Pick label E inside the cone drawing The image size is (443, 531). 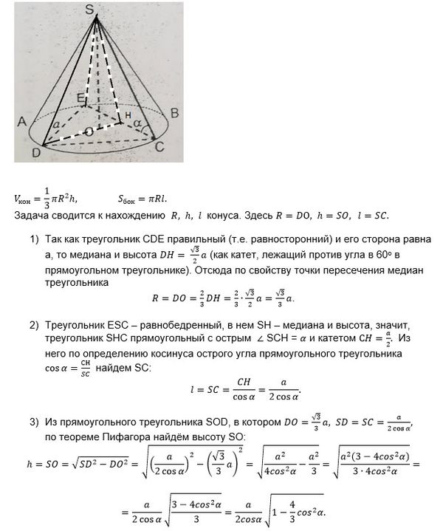82,97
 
